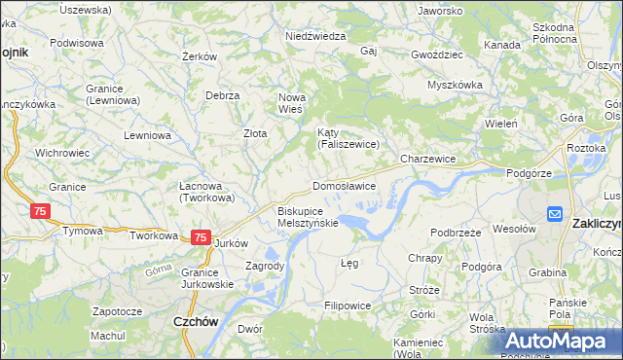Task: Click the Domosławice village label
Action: click(x=344, y=185)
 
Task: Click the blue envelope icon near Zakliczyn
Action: click(x=555, y=214)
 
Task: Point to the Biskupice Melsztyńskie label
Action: click(x=308, y=216)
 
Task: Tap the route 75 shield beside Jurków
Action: click(x=201, y=236)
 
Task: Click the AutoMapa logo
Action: click(x=564, y=341)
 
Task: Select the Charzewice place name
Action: click(x=428, y=158)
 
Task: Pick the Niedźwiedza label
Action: click(x=315, y=36)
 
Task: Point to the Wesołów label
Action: click(x=515, y=230)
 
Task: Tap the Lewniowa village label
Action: click(x=148, y=136)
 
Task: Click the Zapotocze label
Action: click(x=118, y=311)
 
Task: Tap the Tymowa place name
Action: click(x=83, y=232)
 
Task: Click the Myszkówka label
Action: click(x=456, y=85)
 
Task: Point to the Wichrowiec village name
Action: click(x=62, y=153)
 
